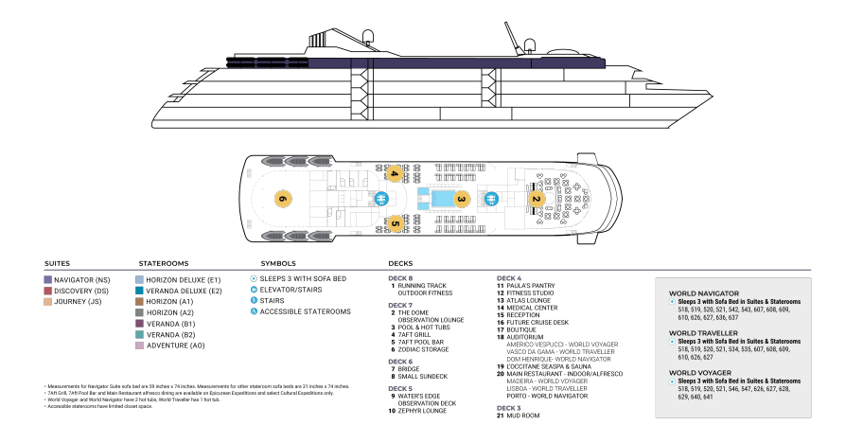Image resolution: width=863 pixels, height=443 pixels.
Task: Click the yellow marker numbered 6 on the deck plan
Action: tap(282, 199)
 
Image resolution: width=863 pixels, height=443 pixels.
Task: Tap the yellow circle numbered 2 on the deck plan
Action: tap(535, 199)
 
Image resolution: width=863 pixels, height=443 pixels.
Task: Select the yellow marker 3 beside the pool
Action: tap(461, 199)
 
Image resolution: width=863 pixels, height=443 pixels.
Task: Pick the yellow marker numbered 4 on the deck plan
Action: tap(394, 173)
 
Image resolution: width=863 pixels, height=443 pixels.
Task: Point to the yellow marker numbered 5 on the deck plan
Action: tap(394, 224)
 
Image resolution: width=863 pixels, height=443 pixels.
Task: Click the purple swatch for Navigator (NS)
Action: tap(48, 280)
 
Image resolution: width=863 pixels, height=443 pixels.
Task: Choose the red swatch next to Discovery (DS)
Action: tap(48, 291)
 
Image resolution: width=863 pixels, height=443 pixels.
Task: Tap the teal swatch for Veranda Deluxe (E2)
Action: tap(140, 291)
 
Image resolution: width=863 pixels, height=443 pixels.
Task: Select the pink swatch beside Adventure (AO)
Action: tap(140, 346)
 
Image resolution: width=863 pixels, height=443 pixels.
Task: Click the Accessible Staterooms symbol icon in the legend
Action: tap(254, 311)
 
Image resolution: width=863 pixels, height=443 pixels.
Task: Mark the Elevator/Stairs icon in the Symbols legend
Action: tap(254, 290)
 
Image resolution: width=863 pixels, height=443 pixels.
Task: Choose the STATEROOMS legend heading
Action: tap(164, 263)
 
